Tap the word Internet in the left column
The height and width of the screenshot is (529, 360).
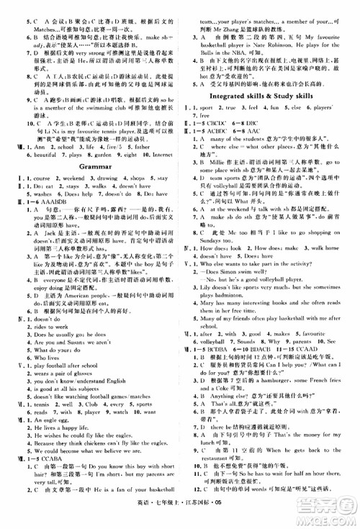pos(163,154)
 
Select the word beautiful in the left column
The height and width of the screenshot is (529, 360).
pos(44,154)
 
